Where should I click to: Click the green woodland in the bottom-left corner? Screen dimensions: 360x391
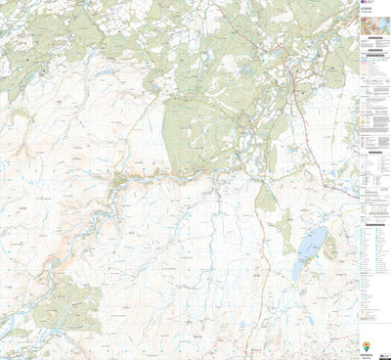click(x=59, y=303)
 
